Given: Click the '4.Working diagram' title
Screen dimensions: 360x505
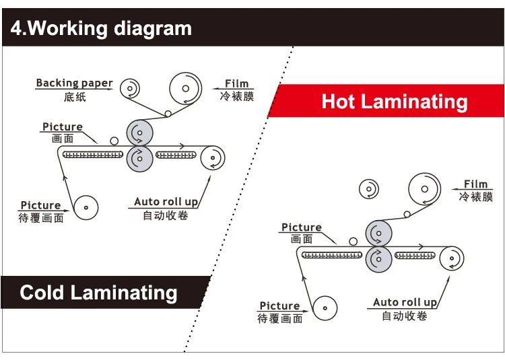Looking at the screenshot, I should point(101,28).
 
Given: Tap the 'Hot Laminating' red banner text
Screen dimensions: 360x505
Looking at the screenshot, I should point(395,102).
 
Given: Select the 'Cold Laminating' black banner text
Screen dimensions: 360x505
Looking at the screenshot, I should point(98,293).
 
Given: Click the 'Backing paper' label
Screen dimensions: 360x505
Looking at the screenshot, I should point(74,83).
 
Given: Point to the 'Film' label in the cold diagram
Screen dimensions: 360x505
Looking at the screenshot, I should point(236,83).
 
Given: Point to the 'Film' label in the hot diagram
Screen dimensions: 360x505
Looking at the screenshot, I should point(475,184).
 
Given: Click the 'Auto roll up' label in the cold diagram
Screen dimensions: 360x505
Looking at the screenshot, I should point(166,201).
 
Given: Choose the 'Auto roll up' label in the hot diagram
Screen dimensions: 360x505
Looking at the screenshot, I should point(405,302).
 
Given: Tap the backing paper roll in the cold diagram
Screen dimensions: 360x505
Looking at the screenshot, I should point(130,88).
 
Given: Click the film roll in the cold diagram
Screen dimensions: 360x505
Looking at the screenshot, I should point(186,88).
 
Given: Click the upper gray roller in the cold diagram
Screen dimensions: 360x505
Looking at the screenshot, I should point(139,133).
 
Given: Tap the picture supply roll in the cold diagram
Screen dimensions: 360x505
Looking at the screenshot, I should point(86,207).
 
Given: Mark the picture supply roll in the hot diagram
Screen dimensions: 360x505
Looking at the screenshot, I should point(325,308).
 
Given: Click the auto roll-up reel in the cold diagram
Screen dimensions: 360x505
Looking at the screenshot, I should point(213,159).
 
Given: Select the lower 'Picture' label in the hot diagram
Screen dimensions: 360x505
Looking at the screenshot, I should point(279,305).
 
